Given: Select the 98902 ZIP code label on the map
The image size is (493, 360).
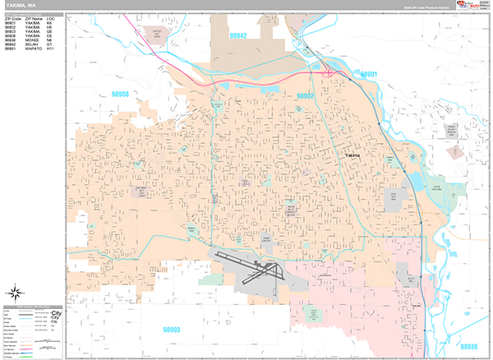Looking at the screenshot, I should click(306, 96).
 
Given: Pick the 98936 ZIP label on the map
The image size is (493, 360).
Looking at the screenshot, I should click(468, 348).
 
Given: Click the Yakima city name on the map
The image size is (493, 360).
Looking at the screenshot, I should click(353, 155).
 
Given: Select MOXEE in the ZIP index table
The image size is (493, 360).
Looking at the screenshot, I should click(32, 42).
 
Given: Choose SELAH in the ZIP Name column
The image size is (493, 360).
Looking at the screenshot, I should click(31, 46).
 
